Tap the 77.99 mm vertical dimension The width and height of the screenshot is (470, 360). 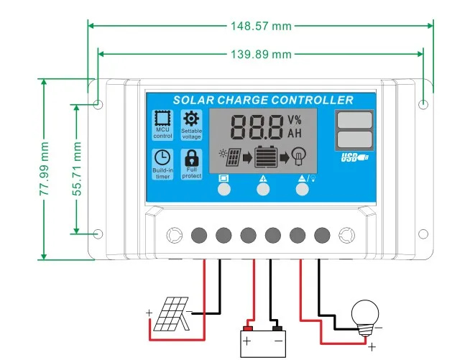tap(45, 170)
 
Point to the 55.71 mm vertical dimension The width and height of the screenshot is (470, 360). tap(77, 169)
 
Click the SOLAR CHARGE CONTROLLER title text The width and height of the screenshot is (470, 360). tap(263, 100)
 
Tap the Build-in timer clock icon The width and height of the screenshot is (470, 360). tap(163, 157)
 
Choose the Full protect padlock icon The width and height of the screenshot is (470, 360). tap(191, 157)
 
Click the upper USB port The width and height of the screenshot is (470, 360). tap(354, 119)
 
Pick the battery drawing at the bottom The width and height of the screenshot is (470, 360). tap(262, 339)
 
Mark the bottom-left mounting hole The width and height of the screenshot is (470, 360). tap(98, 234)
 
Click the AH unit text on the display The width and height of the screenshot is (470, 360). tap(295, 133)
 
